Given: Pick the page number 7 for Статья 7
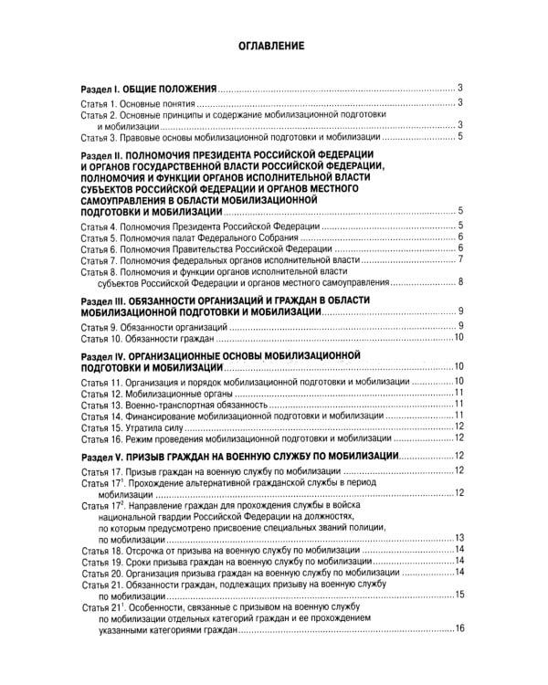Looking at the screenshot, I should pos(462,259).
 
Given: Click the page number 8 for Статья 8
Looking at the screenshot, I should pos(462,281).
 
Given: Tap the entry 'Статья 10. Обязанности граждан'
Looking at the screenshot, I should pos(150,338).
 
